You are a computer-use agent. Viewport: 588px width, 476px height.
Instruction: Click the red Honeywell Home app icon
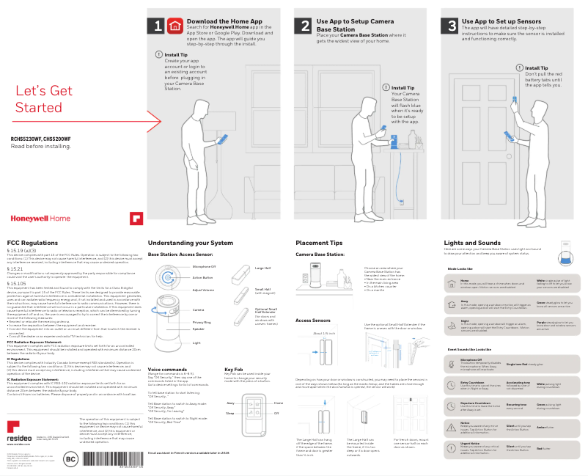174,26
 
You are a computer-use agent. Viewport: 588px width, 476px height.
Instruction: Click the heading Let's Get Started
44,99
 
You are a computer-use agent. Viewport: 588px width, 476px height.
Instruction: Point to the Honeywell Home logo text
40,218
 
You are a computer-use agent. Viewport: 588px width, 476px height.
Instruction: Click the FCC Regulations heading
32,243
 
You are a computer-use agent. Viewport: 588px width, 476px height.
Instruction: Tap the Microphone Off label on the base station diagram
203,267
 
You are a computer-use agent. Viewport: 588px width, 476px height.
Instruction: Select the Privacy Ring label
202,322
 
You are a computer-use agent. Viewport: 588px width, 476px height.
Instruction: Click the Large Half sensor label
262,268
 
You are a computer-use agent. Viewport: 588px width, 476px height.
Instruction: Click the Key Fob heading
233,370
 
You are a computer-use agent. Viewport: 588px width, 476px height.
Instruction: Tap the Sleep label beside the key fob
230,414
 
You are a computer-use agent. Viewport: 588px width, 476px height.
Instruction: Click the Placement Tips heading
319,243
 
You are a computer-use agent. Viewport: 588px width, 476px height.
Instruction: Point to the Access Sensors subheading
312,321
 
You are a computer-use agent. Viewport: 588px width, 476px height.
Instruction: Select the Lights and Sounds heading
472,243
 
